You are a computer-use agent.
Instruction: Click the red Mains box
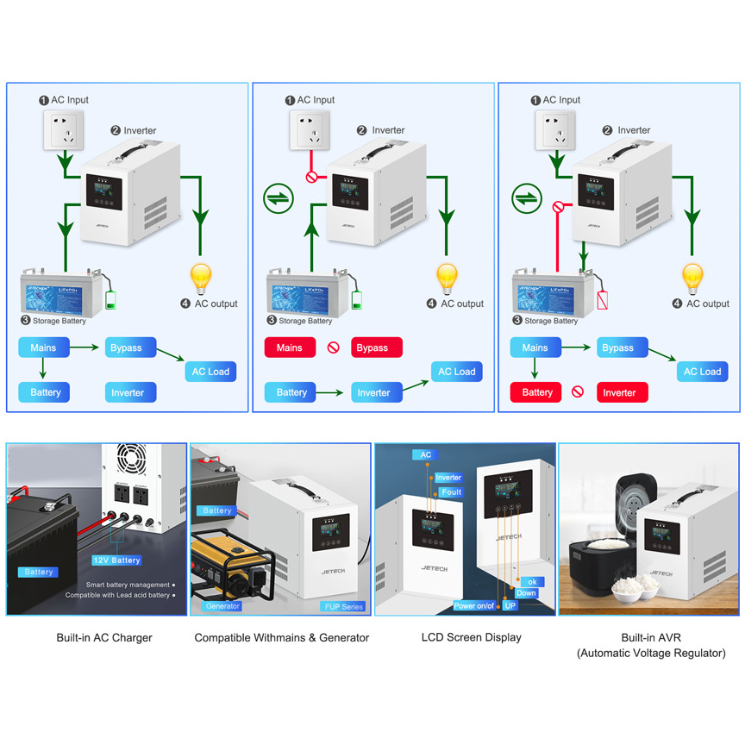tap(290, 348)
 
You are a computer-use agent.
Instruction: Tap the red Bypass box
tap(376, 348)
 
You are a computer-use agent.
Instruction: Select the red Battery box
tap(536, 392)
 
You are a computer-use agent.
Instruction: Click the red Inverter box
tap(623, 392)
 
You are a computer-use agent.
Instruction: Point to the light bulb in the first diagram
tap(201, 279)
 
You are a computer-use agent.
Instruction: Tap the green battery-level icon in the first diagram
tap(110, 300)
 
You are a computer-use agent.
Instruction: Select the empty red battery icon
tap(603, 299)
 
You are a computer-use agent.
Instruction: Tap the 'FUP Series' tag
tap(343, 606)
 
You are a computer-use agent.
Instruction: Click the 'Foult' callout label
tap(450, 492)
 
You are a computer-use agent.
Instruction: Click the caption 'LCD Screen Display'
tap(471, 638)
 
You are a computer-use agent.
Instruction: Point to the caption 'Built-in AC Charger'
tap(104, 638)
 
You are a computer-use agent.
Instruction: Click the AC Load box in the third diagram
tap(702, 372)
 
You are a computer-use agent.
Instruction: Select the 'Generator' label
tap(222, 606)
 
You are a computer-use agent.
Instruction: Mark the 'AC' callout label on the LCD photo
tap(426, 454)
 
